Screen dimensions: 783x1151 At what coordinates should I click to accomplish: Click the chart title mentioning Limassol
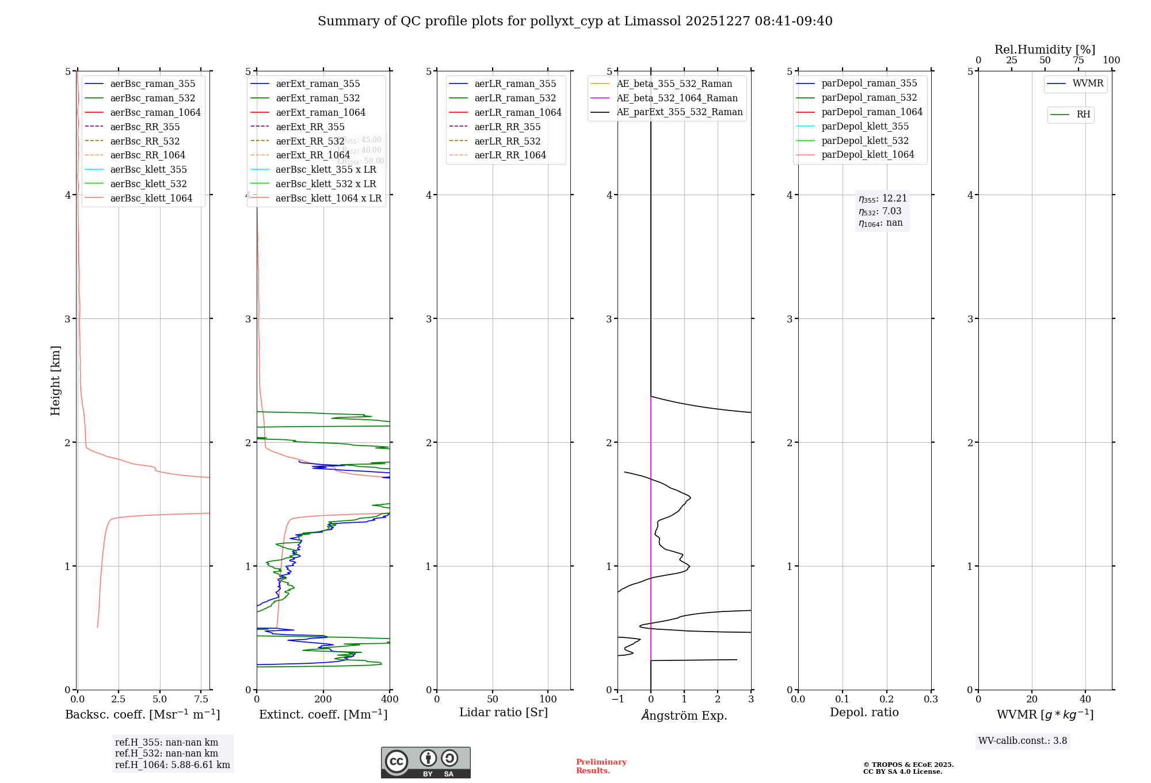coord(575,21)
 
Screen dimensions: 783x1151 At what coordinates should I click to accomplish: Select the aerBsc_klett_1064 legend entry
coord(151,198)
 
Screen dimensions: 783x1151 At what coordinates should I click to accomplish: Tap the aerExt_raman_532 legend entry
coord(318,98)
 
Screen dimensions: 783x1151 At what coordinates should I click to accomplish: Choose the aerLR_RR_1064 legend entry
coord(510,155)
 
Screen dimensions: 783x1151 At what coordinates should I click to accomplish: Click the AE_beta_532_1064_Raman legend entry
coord(677,98)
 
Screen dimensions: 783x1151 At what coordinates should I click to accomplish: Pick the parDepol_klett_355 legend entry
coord(865,126)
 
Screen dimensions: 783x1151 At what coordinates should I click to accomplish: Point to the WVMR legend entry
coord(1088,83)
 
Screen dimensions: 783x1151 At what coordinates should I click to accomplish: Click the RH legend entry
coord(1083,115)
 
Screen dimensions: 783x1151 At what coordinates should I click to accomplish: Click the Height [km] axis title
coord(55,381)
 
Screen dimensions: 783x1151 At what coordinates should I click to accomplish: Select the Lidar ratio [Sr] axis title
coord(504,712)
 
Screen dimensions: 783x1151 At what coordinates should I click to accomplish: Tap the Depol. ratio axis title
coord(864,712)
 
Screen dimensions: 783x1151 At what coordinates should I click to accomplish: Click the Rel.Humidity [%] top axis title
coord(1045,50)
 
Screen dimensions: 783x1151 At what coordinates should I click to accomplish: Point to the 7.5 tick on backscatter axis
coord(201,699)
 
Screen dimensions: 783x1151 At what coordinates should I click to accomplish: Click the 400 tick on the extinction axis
coord(390,699)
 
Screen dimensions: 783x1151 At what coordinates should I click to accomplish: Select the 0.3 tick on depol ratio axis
coord(931,699)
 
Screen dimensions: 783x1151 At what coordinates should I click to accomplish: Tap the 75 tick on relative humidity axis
coord(1078,60)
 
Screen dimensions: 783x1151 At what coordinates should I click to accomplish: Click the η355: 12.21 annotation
coord(883,199)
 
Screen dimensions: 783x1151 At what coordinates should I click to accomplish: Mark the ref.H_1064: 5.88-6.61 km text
coord(173,765)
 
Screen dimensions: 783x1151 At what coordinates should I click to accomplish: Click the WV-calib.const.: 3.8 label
coord(1023,740)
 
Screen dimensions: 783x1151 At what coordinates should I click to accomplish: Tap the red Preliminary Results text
coord(601,766)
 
